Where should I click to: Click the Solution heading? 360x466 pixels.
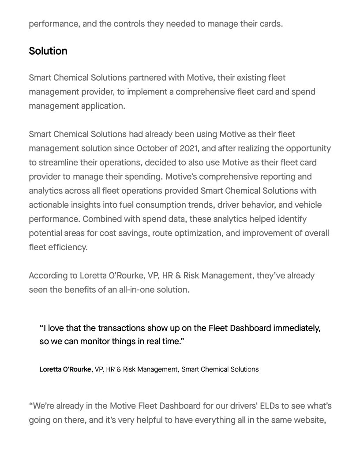(48, 51)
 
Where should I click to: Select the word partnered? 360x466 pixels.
(147, 78)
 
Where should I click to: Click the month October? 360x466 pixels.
(154, 148)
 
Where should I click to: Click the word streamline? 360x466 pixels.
(62, 162)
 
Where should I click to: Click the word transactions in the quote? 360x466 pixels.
(121, 328)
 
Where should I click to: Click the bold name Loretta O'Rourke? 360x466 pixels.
(65, 369)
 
